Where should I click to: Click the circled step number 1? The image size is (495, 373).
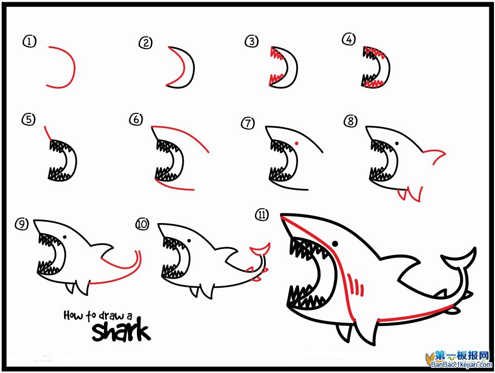coord(30,42)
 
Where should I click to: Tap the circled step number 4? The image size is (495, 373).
coord(349,40)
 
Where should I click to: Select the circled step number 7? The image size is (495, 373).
coord(248,123)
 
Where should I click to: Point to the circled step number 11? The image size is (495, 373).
coord(262,215)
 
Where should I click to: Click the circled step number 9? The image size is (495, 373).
coord(22,224)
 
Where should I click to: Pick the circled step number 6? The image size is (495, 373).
coord(136,120)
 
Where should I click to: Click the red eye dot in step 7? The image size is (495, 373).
coord(297,143)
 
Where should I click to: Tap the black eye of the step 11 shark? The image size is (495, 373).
coord(335,244)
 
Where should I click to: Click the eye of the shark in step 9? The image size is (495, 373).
coord(65,237)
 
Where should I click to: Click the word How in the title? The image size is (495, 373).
coord(74,315)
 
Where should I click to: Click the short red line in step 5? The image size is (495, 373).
coord(47,133)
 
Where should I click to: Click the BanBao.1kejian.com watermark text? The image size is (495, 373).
coord(462,364)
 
